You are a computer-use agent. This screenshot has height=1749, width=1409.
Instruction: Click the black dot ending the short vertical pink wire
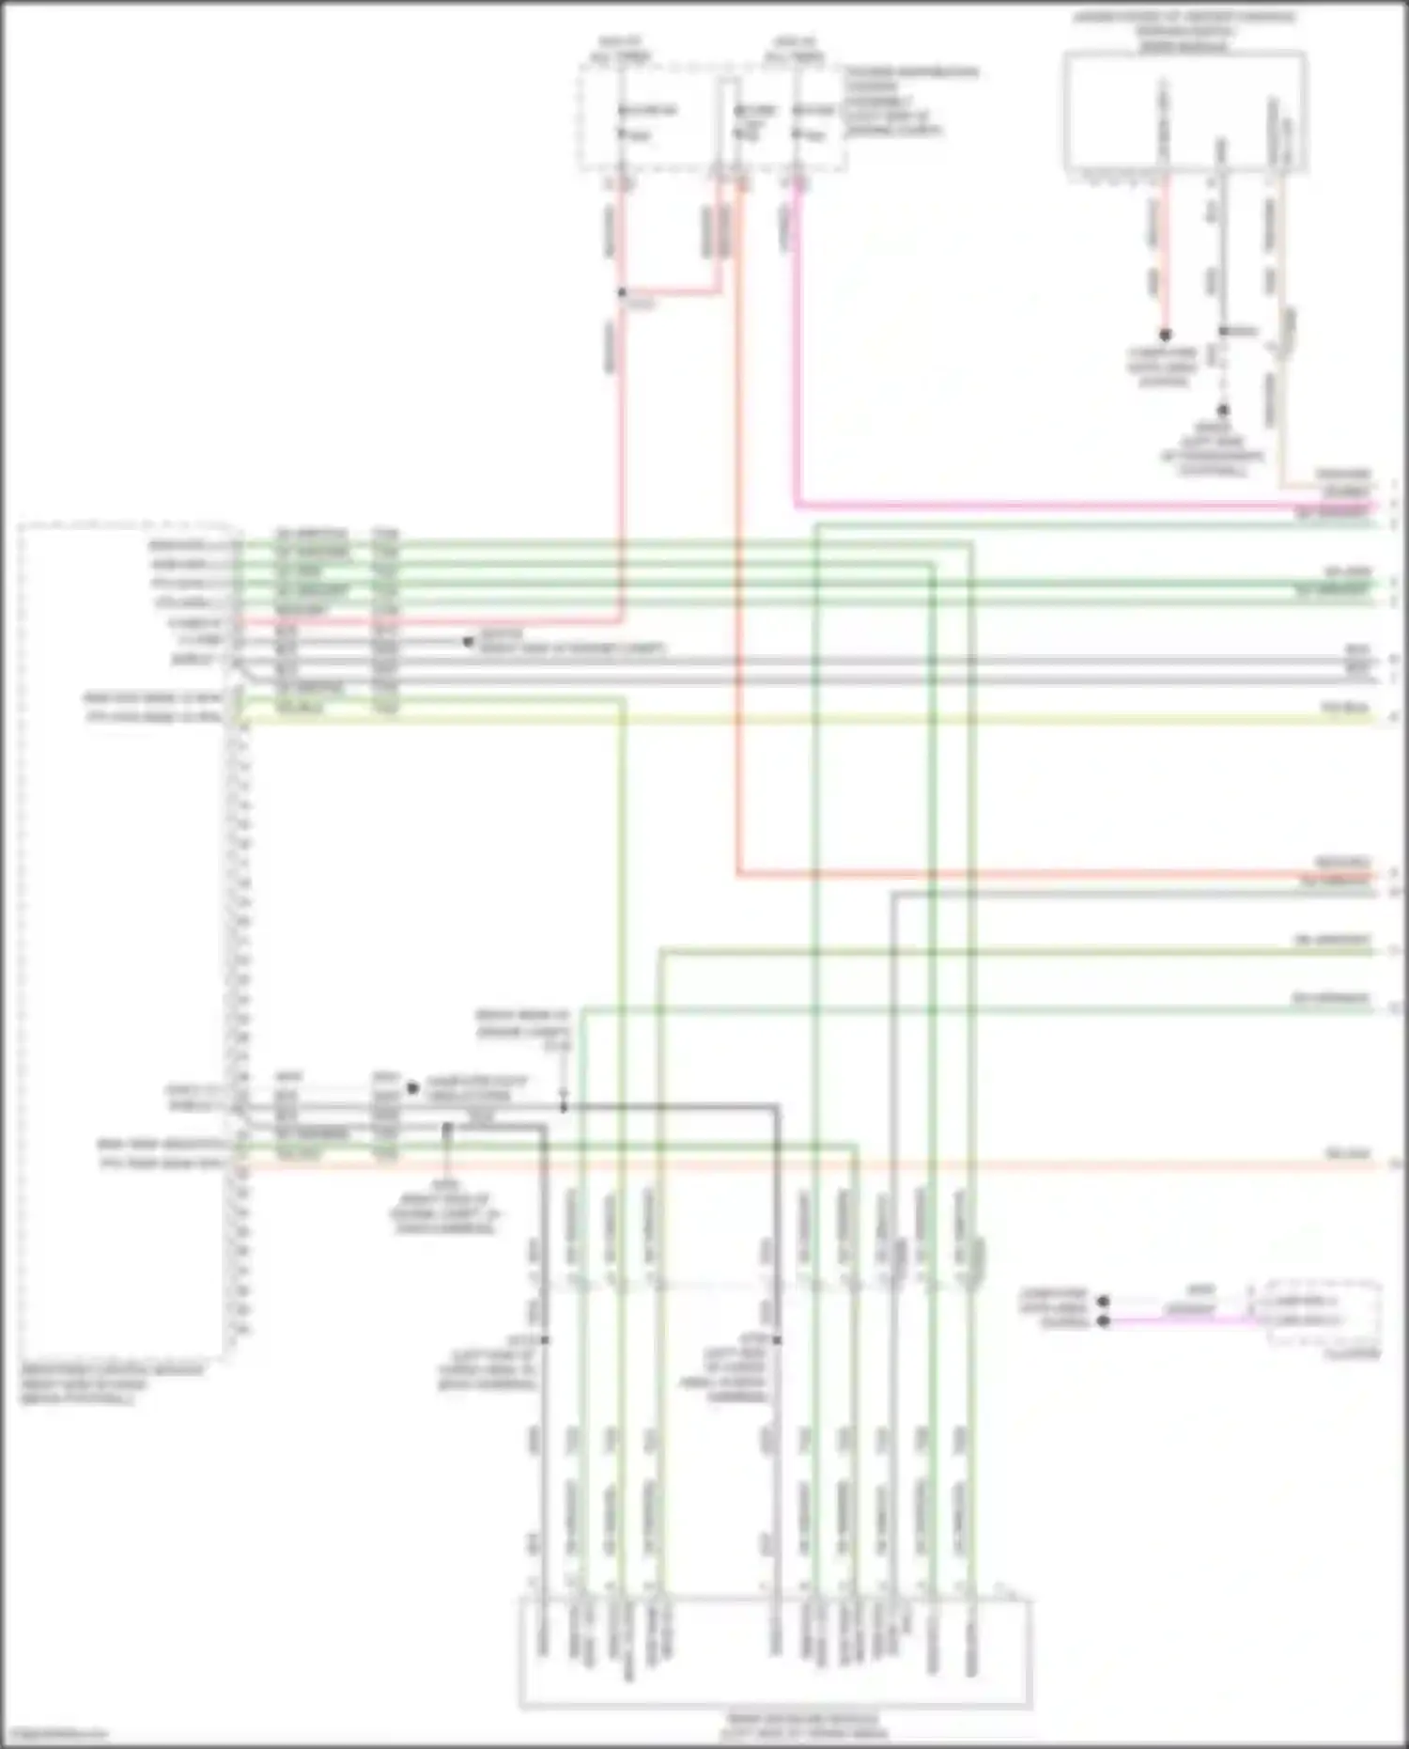coord(1165,335)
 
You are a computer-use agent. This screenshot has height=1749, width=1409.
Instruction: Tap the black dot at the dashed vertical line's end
coord(1223,411)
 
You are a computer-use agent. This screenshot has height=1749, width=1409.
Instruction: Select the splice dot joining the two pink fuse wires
coord(622,292)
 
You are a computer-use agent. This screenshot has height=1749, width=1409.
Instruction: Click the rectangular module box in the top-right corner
coord(1184,111)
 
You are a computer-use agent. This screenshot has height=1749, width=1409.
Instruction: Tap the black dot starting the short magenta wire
coord(1105,1320)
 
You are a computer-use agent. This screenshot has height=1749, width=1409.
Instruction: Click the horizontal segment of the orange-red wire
coord(1033,875)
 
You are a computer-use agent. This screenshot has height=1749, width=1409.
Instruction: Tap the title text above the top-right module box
coord(1186,31)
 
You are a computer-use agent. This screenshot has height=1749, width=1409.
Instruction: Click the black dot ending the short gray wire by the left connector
coord(468,643)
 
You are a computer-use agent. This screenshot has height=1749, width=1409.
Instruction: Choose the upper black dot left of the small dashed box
coord(1105,1302)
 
